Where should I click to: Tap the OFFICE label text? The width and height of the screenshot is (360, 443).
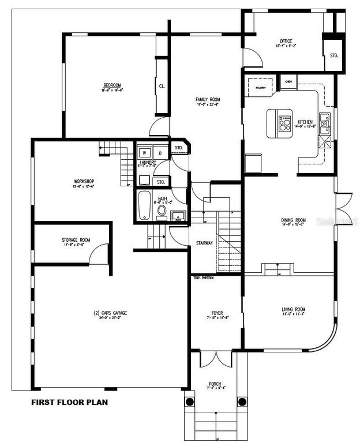pyautogui.click(x=285, y=41)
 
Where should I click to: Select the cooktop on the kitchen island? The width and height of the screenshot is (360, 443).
pyautogui.click(x=284, y=123)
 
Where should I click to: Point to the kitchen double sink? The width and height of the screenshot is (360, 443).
pyautogui.click(x=325, y=123)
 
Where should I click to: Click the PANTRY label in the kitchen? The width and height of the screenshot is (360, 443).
pyautogui.click(x=260, y=88)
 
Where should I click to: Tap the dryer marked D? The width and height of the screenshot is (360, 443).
pyautogui.click(x=160, y=153)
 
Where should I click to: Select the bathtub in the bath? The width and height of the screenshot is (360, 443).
pyautogui.click(x=145, y=205)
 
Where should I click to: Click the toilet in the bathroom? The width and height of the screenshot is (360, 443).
pyautogui.click(x=162, y=211)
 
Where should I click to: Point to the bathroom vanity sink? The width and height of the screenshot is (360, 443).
pyautogui.click(x=178, y=216)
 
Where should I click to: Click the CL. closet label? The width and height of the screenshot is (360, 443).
pyautogui.click(x=162, y=87)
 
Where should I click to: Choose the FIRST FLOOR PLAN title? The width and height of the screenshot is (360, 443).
pyautogui.click(x=69, y=402)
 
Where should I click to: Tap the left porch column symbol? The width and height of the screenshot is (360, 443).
pyautogui.click(x=189, y=401)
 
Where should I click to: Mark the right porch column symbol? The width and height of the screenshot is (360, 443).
pyautogui.click(x=242, y=401)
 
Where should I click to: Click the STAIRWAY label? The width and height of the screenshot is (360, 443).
pyautogui.click(x=204, y=243)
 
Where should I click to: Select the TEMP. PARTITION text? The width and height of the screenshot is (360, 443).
pyautogui.click(x=203, y=278)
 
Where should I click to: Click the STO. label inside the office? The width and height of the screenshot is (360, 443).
pyautogui.click(x=333, y=56)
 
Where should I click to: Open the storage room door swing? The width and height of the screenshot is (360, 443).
pyautogui.click(x=101, y=254)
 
